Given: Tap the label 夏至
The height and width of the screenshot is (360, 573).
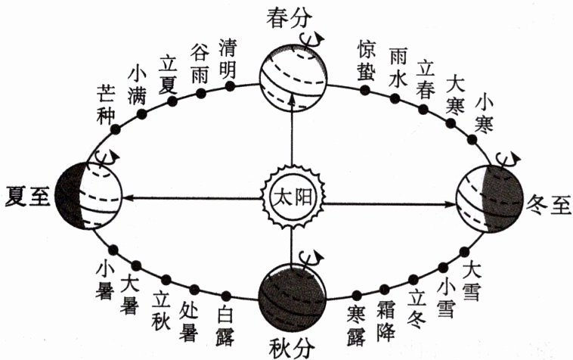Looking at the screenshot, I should click(26, 196).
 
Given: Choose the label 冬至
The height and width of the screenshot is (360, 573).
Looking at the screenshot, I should click(548, 205).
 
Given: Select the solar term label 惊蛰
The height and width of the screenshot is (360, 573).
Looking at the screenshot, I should click(367, 57).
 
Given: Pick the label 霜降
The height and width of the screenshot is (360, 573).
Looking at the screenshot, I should click(386, 320).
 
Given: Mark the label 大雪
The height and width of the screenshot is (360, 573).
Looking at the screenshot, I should click(472, 282).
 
